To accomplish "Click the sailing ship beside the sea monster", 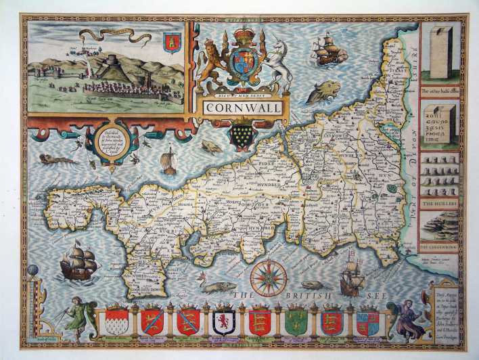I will [x=330, y=51].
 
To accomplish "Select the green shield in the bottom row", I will [x=296, y=322].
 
